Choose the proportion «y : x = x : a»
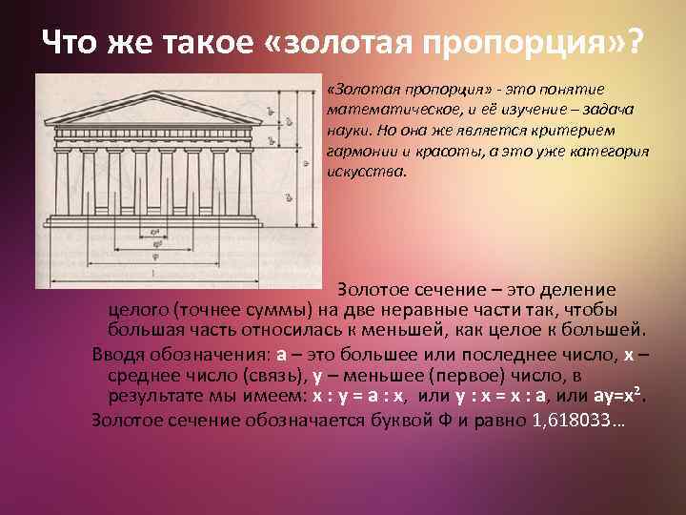490,395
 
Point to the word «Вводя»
115,353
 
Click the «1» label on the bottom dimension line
152,274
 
